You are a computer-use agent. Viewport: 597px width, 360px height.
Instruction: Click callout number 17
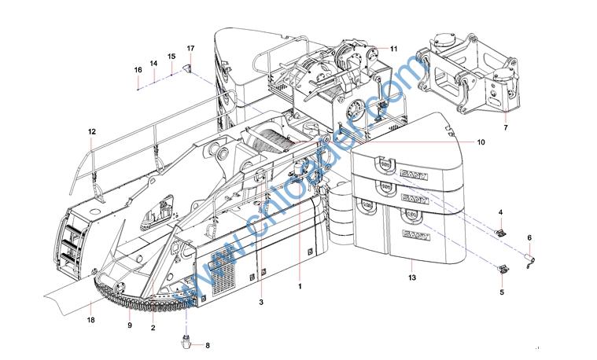tap(191, 48)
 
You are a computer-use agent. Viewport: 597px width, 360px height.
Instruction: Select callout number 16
tap(138, 70)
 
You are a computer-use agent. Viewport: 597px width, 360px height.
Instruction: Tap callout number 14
tap(153, 64)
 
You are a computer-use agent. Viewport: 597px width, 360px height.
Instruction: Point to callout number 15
tap(171, 57)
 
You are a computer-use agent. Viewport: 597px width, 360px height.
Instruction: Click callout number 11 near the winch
tap(394, 49)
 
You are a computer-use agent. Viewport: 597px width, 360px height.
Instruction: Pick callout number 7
tap(506, 128)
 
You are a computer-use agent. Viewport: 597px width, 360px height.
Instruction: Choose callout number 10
tap(481, 142)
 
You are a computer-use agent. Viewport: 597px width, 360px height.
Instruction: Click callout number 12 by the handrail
tap(92, 132)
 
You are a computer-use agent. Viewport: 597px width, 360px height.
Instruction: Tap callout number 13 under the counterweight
tap(412, 277)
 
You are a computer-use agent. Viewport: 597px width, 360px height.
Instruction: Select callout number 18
tap(90, 321)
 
